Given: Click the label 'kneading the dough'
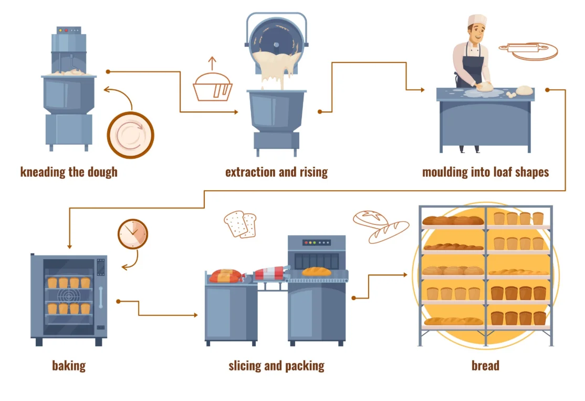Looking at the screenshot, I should pos(69,172).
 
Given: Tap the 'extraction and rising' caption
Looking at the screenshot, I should pos(276,172).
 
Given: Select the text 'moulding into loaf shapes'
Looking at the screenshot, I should pos(485,172).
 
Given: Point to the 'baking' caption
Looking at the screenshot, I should pos(69,365).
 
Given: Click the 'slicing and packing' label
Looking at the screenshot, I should pos(276,365).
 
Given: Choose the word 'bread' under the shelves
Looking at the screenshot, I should pos(485,365).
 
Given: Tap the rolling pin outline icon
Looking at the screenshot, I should pos(527,50).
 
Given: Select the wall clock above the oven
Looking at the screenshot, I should pos(133,233).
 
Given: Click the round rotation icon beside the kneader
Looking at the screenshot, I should pos(130,136).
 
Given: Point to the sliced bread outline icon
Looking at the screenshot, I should pos(240,224).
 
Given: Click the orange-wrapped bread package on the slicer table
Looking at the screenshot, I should pos(226,275).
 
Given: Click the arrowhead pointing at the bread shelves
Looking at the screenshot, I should pos(405,274).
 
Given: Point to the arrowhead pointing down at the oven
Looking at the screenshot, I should pos(69,245).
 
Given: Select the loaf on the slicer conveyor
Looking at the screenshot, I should pos(317,271).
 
